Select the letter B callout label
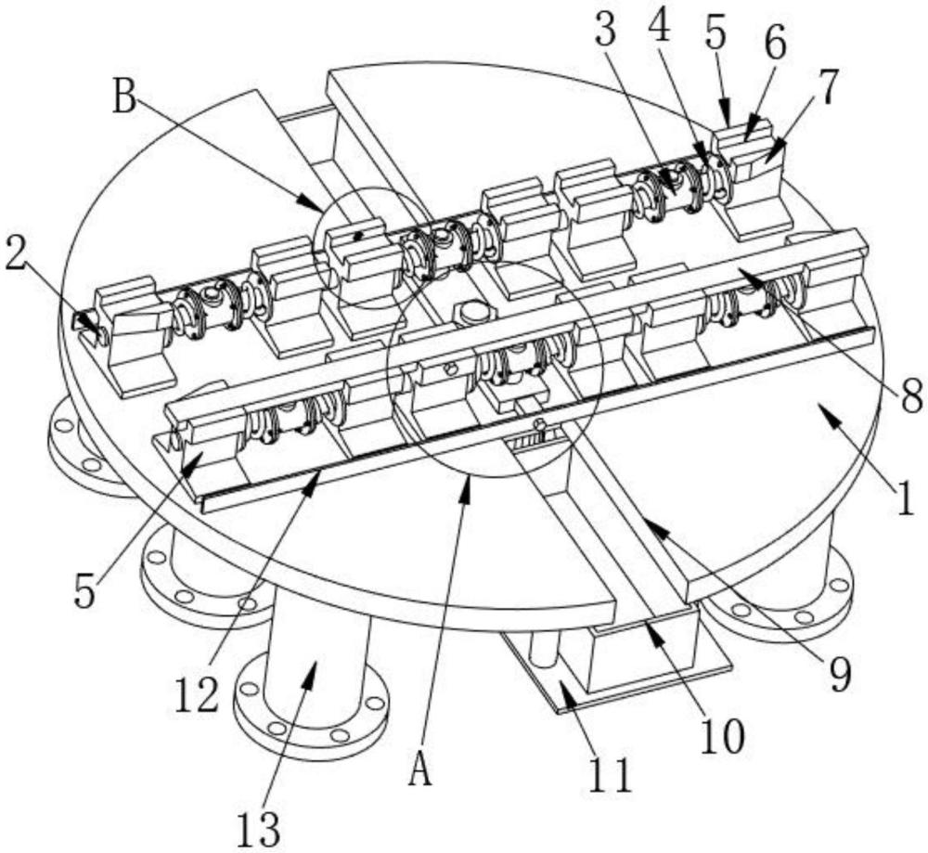[125, 96]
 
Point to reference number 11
[611, 774]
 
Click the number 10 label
[722, 736]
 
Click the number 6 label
[775, 45]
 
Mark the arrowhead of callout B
[313, 203]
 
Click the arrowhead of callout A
[468, 489]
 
